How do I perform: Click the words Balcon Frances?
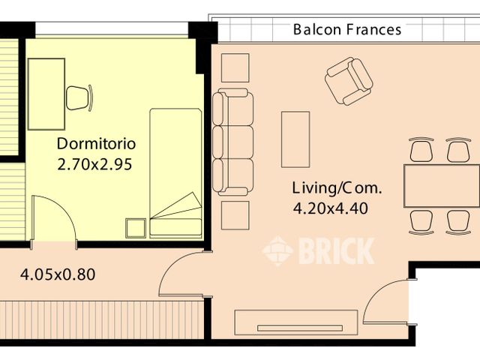(x=347, y=30)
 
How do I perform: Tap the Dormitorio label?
(x=96, y=143)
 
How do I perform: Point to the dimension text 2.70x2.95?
(x=94, y=164)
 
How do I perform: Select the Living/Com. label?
(x=337, y=187)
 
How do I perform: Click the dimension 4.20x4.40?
(x=330, y=209)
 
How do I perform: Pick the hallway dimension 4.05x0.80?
(x=57, y=274)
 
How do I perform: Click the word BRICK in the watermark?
(x=336, y=251)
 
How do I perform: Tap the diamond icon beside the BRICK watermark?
(x=277, y=251)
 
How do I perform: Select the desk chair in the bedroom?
(x=79, y=97)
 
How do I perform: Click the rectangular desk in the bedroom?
(x=46, y=94)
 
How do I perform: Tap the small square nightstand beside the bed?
(x=136, y=228)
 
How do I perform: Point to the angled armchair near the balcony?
(x=349, y=80)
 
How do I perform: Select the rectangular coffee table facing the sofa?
(x=295, y=139)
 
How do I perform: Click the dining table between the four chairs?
(x=441, y=186)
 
